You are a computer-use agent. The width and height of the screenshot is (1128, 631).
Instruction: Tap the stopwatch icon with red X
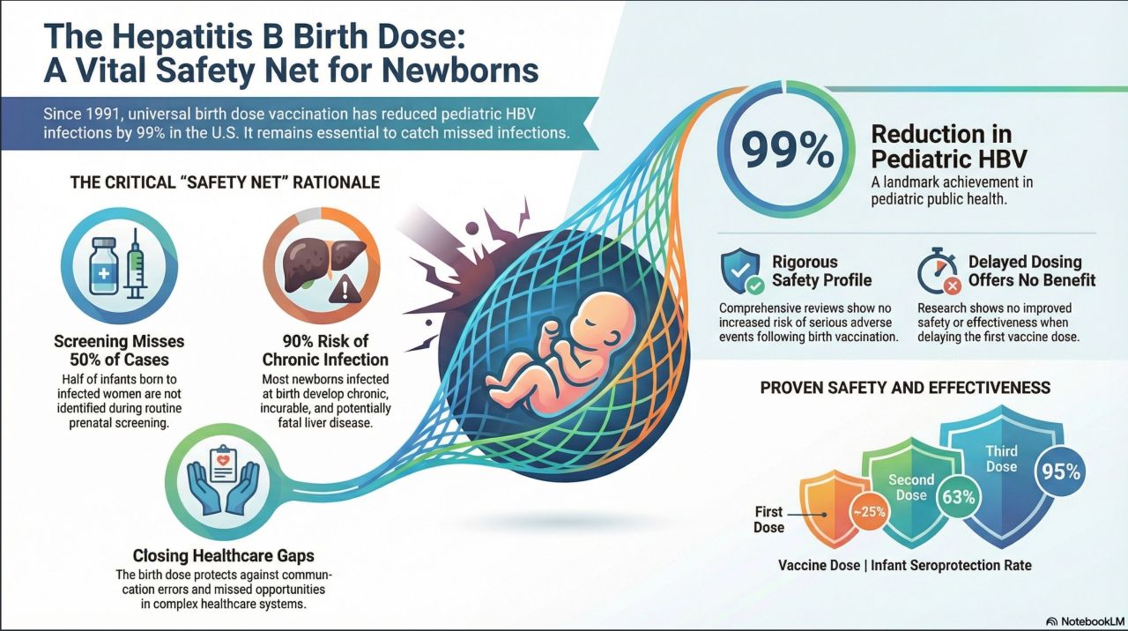938,272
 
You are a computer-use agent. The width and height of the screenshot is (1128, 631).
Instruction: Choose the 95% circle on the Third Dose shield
1060,471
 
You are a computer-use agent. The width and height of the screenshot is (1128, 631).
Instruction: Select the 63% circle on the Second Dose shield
958,497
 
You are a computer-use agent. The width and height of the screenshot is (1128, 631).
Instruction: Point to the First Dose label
768,519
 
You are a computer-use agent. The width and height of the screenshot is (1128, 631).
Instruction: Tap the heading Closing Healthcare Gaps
223,556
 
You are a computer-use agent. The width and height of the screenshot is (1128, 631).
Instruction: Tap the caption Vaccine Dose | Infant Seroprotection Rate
905,565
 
